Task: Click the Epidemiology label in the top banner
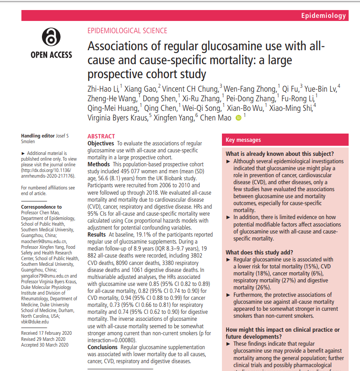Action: point(323,16)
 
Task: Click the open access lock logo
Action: point(51,38)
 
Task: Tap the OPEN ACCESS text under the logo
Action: point(51,55)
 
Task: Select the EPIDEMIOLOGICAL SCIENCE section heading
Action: point(127,31)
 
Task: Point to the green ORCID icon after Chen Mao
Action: point(239,117)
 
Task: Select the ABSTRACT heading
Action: point(101,136)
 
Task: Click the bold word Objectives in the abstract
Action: point(101,143)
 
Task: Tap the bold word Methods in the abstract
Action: point(99,164)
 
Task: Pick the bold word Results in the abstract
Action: point(97,234)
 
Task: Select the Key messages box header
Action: point(243,140)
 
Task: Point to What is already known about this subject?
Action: point(280,154)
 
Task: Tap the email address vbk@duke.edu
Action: point(35,321)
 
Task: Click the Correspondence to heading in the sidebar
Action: point(42,207)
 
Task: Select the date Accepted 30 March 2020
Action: point(45,345)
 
